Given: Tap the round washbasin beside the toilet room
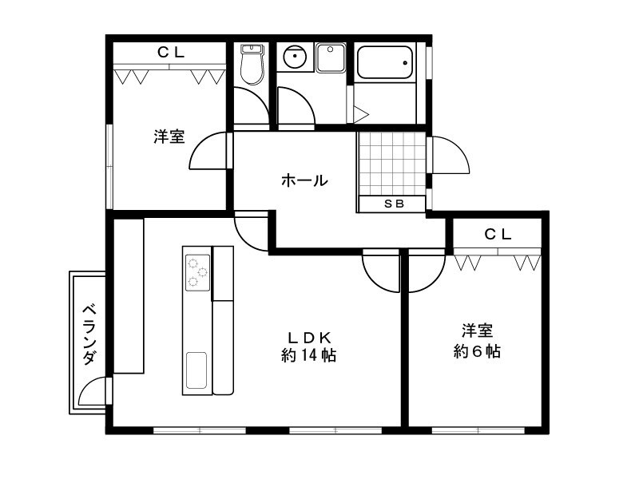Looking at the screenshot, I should (x=295, y=57).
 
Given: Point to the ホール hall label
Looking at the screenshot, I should (x=304, y=180).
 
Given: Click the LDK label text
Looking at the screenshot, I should (x=309, y=336).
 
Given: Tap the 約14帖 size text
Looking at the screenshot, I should (x=308, y=355).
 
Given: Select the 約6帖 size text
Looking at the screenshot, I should (x=477, y=350).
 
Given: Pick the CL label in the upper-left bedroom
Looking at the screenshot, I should (x=170, y=53).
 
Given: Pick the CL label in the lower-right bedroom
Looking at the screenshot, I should (x=498, y=234).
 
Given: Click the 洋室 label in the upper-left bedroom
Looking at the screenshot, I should (x=169, y=137).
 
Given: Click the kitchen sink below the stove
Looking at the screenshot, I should (x=196, y=370).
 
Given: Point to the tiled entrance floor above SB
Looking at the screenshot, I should (x=391, y=163).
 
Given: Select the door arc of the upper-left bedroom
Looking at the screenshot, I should (x=208, y=153).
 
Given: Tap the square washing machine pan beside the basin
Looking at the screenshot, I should (x=330, y=57).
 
